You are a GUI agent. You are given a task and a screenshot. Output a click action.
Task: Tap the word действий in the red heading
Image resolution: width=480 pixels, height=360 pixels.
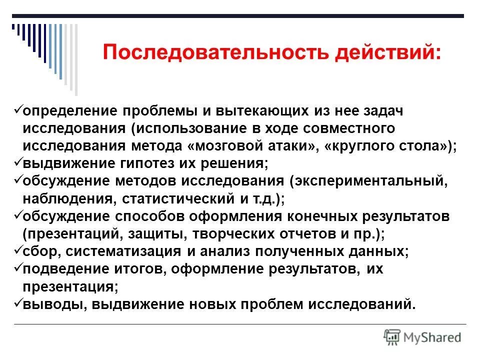(x=389, y=52)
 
